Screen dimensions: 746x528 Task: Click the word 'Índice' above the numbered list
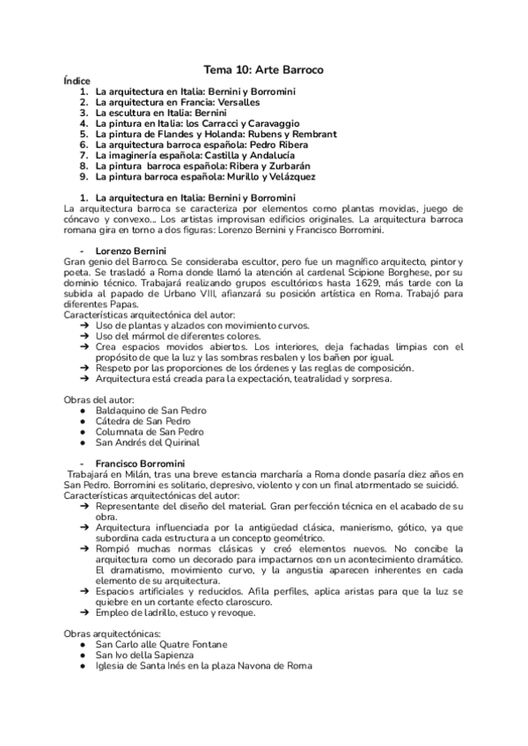pyautogui.click(x=77, y=81)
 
